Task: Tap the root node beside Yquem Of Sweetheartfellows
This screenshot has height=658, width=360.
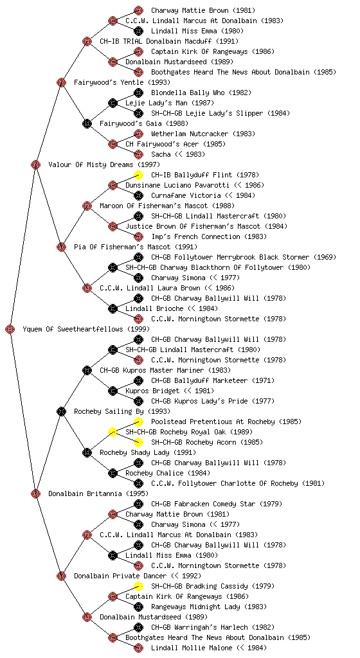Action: tap(10, 329)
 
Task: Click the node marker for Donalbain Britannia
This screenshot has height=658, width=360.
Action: tap(35, 493)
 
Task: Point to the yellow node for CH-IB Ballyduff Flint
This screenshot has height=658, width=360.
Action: tap(138, 175)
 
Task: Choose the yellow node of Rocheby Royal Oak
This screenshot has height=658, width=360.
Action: tap(113, 432)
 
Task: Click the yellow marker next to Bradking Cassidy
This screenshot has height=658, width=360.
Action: tap(138, 586)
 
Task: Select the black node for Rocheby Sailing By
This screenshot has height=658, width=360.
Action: tap(61, 411)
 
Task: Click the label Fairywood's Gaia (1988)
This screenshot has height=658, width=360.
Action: tap(144, 123)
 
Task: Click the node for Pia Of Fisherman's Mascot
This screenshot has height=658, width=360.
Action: tap(61, 247)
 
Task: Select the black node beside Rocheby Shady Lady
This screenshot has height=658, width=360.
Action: tap(87, 452)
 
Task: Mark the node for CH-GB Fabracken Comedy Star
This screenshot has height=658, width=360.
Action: tap(138, 504)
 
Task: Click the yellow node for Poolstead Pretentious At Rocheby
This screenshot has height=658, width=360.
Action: tap(138, 422)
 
